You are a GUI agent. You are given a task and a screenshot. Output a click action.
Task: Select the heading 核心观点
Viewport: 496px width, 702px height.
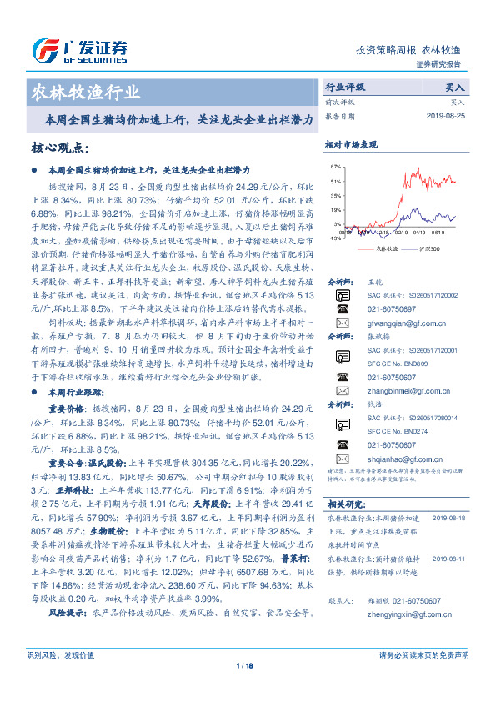click(x=59, y=148)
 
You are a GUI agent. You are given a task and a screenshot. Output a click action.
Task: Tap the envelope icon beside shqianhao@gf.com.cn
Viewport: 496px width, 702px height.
click(x=343, y=459)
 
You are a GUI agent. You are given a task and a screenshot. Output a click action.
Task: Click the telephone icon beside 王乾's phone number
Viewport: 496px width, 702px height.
click(x=343, y=308)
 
